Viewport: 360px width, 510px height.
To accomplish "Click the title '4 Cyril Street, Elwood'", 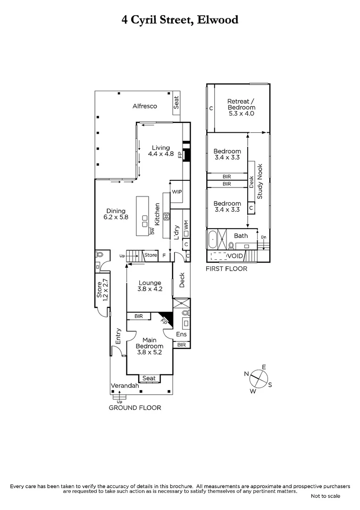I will (180, 20).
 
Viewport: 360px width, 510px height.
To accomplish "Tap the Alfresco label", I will (144, 106).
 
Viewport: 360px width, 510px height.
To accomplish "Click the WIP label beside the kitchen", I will (177, 192).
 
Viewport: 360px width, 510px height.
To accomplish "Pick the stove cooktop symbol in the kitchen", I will (167, 217).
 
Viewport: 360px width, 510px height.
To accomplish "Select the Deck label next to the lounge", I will (182, 282).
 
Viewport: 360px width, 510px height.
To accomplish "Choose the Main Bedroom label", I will (150, 345).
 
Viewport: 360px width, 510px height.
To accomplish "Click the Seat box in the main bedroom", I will (149, 378).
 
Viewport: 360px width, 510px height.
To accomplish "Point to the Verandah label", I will (125, 386).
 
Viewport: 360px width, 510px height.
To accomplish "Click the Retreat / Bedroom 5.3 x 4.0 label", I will (241, 107).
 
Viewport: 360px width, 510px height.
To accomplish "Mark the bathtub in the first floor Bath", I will (213, 240).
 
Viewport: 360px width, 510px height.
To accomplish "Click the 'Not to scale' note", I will (325, 496).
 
